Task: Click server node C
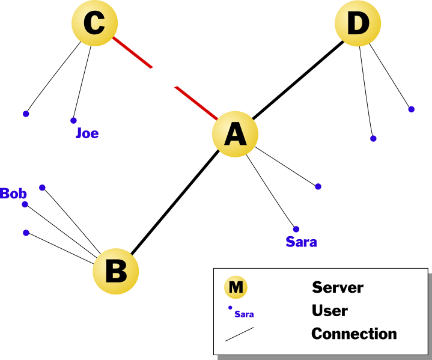[94, 24]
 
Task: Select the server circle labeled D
[357, 24]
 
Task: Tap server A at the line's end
[235, 134]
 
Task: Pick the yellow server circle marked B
[115, 271]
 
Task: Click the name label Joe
[87, 133]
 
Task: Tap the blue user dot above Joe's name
[73, 120]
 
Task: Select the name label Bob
[13, 194]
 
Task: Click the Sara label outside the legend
[301, 242]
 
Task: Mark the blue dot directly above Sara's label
[296, 229]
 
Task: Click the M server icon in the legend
[236, 287]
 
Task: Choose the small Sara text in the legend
[244, 314]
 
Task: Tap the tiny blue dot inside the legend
[230, 308]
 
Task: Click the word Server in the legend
[337, 287]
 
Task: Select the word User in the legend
[329, 311]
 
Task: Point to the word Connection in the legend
[354, 334]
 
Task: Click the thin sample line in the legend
[239, 334]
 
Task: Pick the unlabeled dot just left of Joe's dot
[26, 114]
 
